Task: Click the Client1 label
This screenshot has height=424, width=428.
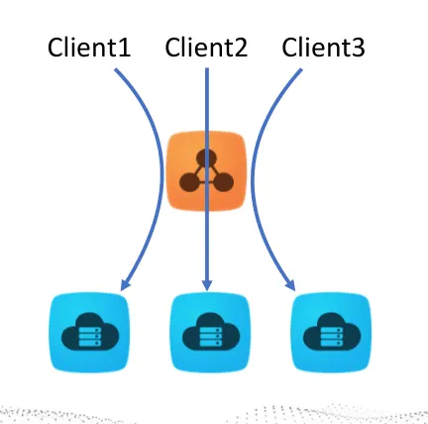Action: pyautogui.click(x=89, y=48)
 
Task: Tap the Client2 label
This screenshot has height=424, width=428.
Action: pyautogui.click(x=206, y=48)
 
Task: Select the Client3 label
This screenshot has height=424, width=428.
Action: pyautogui.click(x=324, y=48)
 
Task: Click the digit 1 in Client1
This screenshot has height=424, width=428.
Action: pyautogui.click(x=124, y=48)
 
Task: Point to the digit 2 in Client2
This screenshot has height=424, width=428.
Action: pyautogui.click(x=241, y=48)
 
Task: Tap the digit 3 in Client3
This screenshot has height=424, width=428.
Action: pyautogui.click(x=358, y=48)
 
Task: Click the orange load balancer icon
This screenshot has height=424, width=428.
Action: pyautogui.click(x=207, y=170)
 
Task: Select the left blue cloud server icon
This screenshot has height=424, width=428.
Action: pyautogui.click(x=90, y=332)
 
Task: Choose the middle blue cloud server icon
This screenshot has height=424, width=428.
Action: pyautogui.click(x=209, y=332)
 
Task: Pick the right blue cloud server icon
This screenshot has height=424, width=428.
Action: pyautogui.click(x=331, y=332)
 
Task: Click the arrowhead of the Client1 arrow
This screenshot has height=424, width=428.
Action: pyautogui.click(x=126, y=284)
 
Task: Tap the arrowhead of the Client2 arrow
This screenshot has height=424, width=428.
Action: pyautogui.click(x=207, y=284)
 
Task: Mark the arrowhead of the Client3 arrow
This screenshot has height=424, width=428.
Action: pyautogui.click(x=290, y=284)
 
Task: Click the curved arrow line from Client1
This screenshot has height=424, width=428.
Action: pyautogui.click(x=161, y=175)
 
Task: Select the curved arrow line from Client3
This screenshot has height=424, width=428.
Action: pyautogui.click(x=253, y=175)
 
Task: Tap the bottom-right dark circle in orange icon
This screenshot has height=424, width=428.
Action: pyautogui.click(x=224, y=182)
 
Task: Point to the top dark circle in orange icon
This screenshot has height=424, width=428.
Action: pyautogui.click(x=207, y=158)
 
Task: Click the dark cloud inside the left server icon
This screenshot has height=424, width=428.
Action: pyautogui.click(x=90, y=332)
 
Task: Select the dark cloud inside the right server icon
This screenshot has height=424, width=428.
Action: pyautogui.click(x=332, y=332)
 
